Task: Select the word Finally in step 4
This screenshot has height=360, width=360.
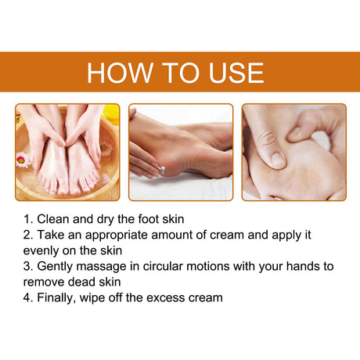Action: click(x=59, y=297)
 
